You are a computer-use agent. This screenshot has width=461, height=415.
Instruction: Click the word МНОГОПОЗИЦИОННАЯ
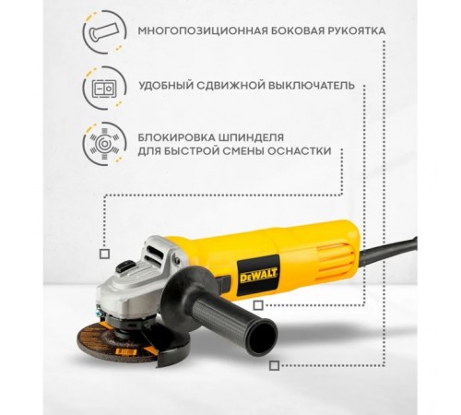pyautogui.click(x=190, y=30)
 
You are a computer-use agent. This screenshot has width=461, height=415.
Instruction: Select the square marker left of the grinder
pyautogui.click(x=103, y=252)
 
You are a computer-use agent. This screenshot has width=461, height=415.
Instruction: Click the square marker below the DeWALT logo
pyautogui.click(x=258, y=304)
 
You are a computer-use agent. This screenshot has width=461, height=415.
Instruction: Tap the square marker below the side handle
pyautogui.click(x=274, y=365)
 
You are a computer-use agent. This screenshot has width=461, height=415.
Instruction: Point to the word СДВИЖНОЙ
pyautogui.click(x=230, y=84)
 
